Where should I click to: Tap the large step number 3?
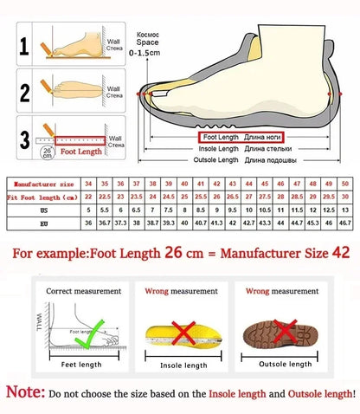point(26,139)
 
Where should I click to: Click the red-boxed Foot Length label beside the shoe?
point(222,137)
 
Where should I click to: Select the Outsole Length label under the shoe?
point(216,160)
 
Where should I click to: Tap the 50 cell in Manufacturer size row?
point(345,184)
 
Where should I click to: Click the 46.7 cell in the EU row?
point(345,223)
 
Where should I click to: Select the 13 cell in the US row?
point(345,210)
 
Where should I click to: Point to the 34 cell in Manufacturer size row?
point(88,184)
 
